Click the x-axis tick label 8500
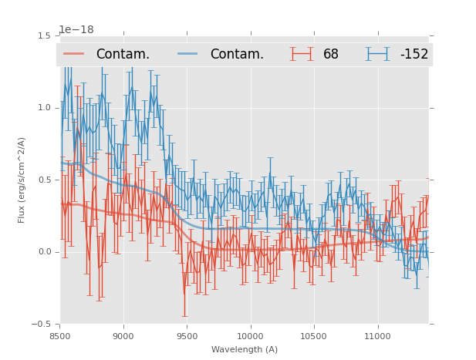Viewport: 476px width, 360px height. pyautogui.click(x=60, y=336)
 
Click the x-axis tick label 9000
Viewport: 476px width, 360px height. pyautogui.click(x=123, y=336)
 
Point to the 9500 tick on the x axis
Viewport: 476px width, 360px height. pyautogui.click(x=187, y=336)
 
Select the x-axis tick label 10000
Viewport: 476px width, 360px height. pyautogui.click(x=251, y=336)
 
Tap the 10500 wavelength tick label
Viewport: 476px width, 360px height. pyautogui.click(x=314, y=336)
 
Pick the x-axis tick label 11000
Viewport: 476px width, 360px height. pyautogui.click(x=377, y=336)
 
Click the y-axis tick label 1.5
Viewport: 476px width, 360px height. pyautogui.click(x=43, y=35)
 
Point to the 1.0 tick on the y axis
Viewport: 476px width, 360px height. pyautogui.click(x=43, y=108)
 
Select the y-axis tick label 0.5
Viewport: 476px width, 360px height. pyautogui.click(x=43, y=180)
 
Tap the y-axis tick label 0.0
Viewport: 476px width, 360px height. pyautogui.click(x=43, y=252)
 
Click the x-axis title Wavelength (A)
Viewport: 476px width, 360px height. pyautogui.click(x=244, y=349)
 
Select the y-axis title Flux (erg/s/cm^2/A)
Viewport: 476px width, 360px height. pyautogui.click(x=22, y=180)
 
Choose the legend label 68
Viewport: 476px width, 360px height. pyautogui.click(x=331, y=54)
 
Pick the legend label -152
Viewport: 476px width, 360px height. pyautogui.click(x=414, y=54)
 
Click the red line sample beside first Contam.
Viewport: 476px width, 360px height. pyautogui.click(x=74, y=54)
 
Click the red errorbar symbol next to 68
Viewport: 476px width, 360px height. pyautogui.click(x=302, y=54)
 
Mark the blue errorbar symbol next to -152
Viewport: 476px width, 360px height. pyautogui.click(x=378, y=54)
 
